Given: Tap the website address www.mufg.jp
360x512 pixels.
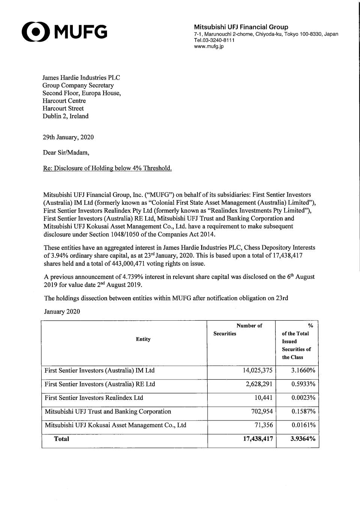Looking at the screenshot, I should [x=209, y=47].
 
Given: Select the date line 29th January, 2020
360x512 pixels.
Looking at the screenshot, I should [x=68, y=137].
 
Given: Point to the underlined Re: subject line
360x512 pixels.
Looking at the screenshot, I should [x=107, y=168].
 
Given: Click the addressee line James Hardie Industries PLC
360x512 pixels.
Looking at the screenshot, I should [x=81, y=78].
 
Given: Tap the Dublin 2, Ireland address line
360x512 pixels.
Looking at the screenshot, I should [x=65, y=116].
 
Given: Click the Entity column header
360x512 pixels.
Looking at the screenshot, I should [x=143, y=339].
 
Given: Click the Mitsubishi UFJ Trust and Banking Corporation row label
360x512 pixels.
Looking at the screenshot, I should [x=108, y=411].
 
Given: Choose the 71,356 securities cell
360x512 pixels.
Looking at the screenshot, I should [x=263, y=425].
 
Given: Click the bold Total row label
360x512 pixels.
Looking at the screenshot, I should [x=62, y=439].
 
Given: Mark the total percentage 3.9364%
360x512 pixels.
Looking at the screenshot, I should [x=303, y=439].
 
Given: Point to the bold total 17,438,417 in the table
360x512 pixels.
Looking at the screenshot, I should [x=258, y=439].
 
